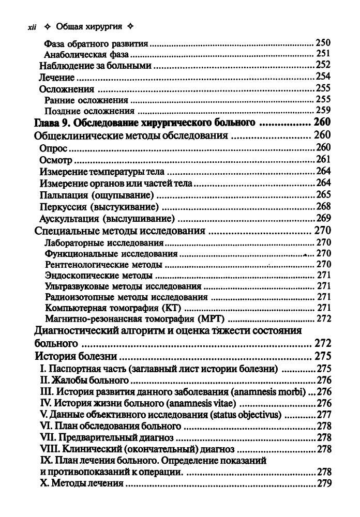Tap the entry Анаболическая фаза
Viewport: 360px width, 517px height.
point(86,54)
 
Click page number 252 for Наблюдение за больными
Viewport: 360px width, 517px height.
point(323,65)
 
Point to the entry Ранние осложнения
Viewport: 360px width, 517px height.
point(86,100)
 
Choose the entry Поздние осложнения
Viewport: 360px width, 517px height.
point(89,111)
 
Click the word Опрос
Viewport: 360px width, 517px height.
point(54,148)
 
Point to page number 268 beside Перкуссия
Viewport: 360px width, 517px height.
point(323,207)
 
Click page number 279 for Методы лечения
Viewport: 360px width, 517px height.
point(323,484)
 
